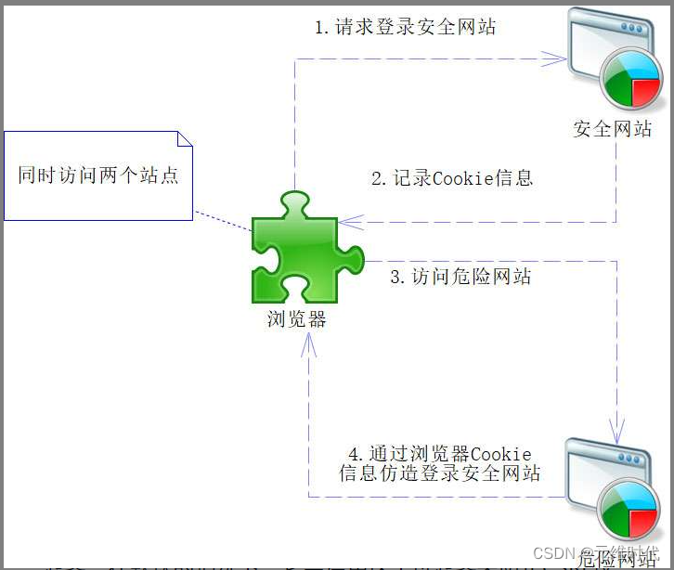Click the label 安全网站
click(613, 128)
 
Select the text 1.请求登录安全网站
click(405, 27)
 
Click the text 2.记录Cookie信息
click(452, 178)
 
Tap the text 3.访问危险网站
click(460, 276)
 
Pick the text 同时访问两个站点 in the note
click(98, 175)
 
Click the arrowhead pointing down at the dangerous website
click(616, 430)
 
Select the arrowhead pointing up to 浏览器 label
click(309, 345)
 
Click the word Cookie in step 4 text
click(501, 454)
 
